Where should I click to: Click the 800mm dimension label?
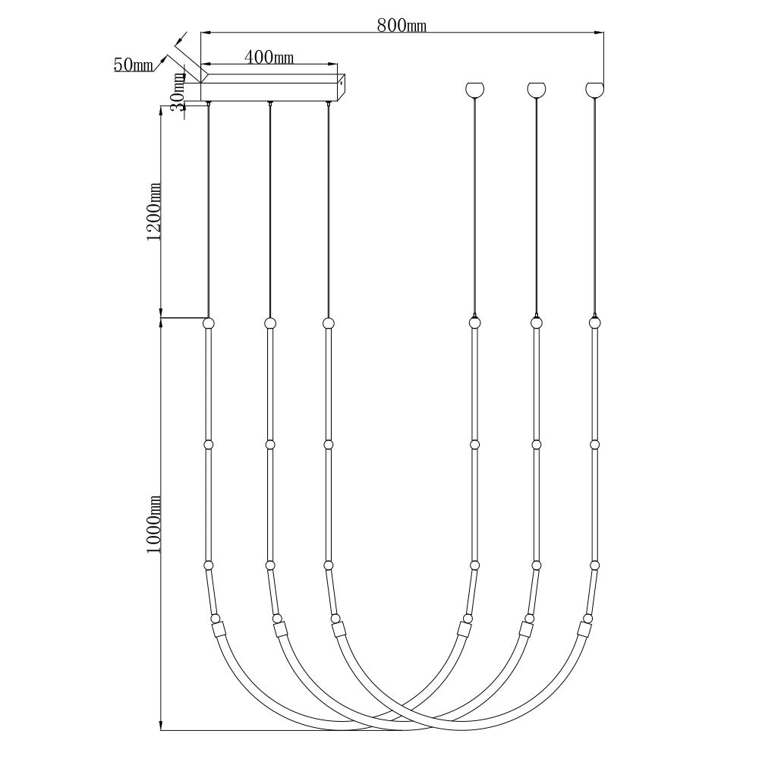(402, 25)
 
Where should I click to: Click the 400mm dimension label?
(269, 57)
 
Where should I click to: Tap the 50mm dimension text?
(134, 65)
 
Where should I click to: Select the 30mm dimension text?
(178, 91)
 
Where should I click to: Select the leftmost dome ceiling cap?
(474, 89)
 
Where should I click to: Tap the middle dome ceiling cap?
(537, 89)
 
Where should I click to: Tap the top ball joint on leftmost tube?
(209, 323)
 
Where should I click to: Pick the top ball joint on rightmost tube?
(594, 323)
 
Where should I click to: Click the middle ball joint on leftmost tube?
(209, 444)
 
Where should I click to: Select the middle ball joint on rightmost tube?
(594, 444)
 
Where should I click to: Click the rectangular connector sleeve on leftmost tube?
(219, 630)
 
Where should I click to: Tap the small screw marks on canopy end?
(342, 78)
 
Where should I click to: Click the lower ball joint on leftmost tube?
(209, 565)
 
